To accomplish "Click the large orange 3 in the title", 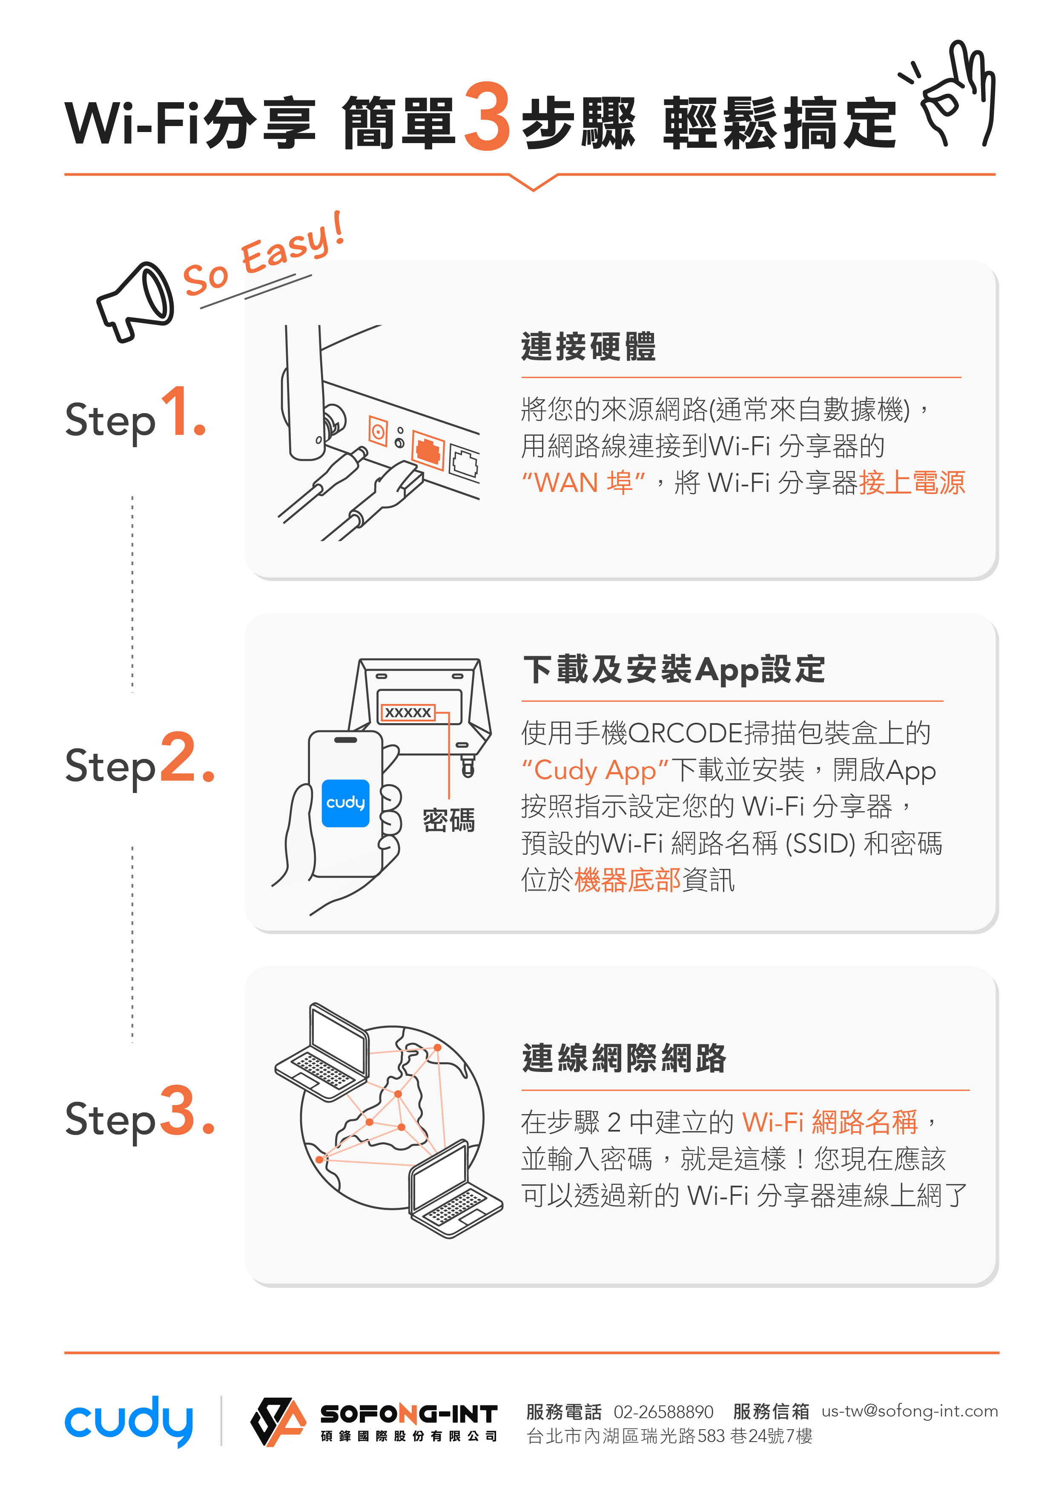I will (487, 117).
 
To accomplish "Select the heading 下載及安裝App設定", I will (674, 669).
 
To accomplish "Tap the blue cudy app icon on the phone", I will (345, 803).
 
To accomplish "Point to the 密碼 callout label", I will (448, 820).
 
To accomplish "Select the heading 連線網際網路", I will (623, 1058).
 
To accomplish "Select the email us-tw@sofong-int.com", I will (909, 1411).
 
